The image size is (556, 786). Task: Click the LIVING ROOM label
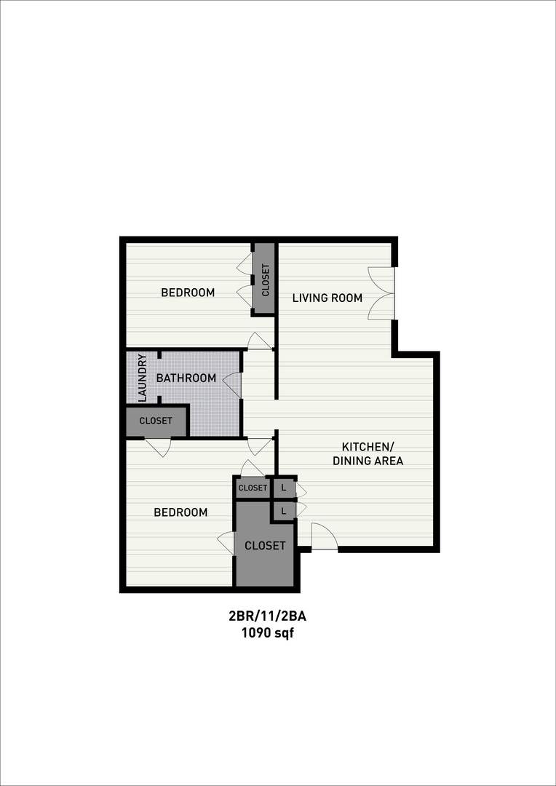coord(327,297)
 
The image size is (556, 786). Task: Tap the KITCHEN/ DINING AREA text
coord(368,453)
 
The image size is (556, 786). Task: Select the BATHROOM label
coord(186,378)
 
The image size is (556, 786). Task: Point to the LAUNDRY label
coord(143,378)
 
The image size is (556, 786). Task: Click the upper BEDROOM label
coord(188,293)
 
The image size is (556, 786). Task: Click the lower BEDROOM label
coord(180,512)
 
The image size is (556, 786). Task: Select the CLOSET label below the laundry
coord(156,421)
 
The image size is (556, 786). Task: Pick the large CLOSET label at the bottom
coord(265,545)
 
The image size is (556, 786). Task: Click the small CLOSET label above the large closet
coord(253,488)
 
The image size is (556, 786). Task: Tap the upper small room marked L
coord(284,488)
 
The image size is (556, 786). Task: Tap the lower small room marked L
coord(284,511)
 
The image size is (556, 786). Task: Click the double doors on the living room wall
coord(381,293)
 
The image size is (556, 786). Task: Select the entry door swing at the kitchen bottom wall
coord(323,537)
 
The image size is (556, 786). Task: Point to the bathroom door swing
coord(232,384)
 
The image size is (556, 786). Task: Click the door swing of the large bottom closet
coord(226,542)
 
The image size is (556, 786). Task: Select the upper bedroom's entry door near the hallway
coord(258,340)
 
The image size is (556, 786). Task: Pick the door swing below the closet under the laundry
coord(158,447)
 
